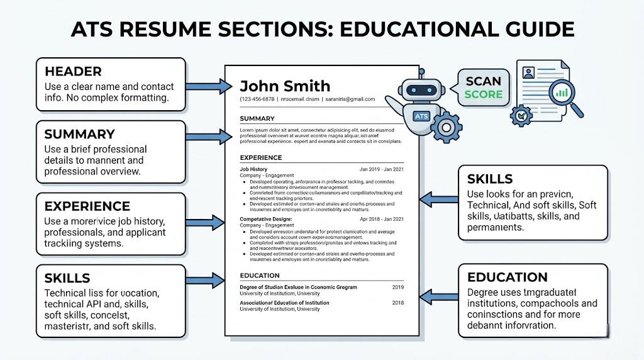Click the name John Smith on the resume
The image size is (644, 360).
[285, 86]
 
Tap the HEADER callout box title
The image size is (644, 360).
[73, 71]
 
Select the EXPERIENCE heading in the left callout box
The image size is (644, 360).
[87, 206]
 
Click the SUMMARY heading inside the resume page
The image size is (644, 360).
[257, 118]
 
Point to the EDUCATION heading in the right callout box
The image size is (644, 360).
[508, 278]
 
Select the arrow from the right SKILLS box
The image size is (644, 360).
[438, 200]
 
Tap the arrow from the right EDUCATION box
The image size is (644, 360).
[438, 295]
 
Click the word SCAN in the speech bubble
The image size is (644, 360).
[484, 81]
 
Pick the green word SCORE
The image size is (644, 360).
[484, 94]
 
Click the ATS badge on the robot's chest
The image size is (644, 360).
[421, 116]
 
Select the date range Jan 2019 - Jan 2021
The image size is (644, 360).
[381, 169]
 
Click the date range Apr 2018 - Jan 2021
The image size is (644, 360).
[381, 219]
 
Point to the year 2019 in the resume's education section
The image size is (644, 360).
[397, 287]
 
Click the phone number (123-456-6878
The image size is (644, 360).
[258, 99]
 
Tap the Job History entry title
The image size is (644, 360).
[253, 169]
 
